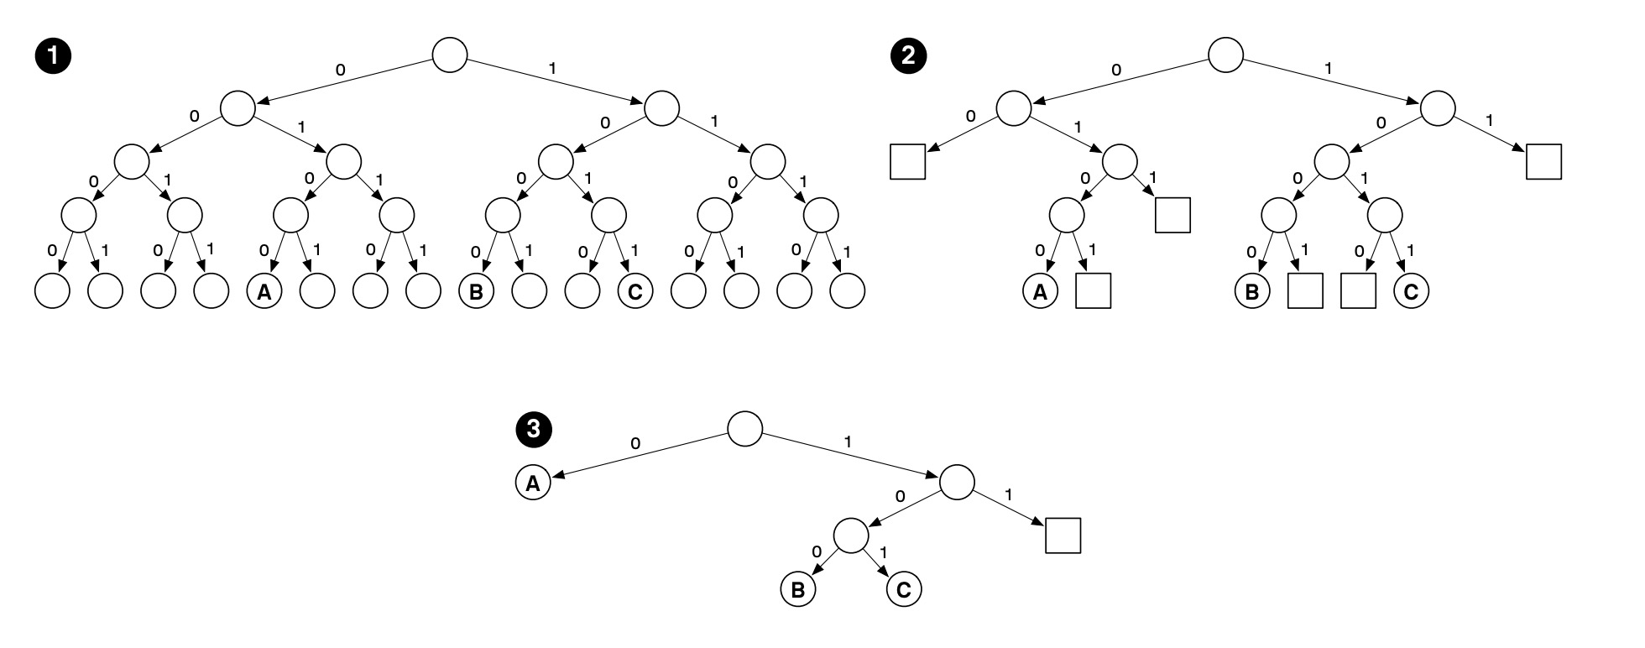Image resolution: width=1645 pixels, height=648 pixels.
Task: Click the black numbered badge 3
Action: click(x=532, y=430)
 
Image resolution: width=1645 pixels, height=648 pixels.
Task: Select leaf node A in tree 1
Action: click(x=264, y=292)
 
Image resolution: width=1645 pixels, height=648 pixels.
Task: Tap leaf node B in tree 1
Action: click(x=476, y=292)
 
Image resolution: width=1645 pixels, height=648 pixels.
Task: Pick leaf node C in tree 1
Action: click(x=634, y=292)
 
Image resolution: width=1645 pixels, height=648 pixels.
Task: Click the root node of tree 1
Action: click(x=449, y=55)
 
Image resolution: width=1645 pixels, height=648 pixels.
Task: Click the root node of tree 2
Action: click(x=1225, y=55)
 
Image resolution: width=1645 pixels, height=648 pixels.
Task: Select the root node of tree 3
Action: click(x=744, y=429)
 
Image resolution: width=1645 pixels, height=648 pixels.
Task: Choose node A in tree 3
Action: click(x=532, y=483)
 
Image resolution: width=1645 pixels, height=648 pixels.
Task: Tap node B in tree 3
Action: click(x=797, y=589)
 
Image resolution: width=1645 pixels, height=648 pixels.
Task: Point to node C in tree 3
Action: click(x=903, y=589)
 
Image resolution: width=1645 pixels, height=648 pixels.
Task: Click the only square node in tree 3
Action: click(x=1063, y=536)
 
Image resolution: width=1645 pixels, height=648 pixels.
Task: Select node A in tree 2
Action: click(x=1040, y=292)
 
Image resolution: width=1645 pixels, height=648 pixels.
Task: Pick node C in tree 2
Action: click(x=1411, y=292)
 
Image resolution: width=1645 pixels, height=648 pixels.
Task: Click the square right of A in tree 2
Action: click(x=1093, y=290)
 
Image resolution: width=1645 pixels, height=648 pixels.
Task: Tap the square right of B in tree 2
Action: click(x=1305, y=290)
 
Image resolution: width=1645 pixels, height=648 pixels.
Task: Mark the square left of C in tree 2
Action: click(x=1358, y=290)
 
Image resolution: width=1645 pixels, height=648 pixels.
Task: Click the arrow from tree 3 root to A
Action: click(x=638, y=456)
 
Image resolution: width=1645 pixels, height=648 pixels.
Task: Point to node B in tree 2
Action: click(x=1252, y=292)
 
